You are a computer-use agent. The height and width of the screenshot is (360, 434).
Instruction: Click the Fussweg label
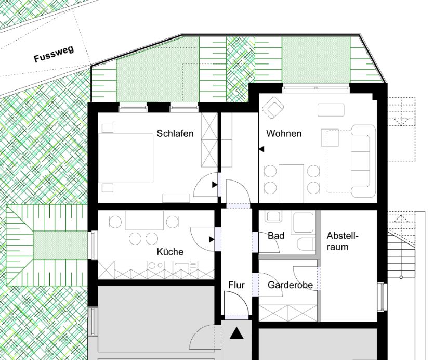pyautogui.click(x=54, y=54)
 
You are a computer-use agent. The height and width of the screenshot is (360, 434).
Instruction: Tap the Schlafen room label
pyautogui.click(x=175, y=133)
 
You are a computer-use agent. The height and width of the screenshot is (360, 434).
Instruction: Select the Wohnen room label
pyautogui.click(x=284, y=133)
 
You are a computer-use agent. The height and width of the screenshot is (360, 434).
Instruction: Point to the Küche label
pyautogui.click(x=170, y=252)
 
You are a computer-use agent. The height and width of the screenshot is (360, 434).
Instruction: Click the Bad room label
pyautogui.click(x=276, y=236)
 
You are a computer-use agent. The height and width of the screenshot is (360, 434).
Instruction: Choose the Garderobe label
pyautogui.click(x=290, y=285)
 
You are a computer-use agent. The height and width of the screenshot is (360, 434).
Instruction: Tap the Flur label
pyautogui.click(x=236, y=285)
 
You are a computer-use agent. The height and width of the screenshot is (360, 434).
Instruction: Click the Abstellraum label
pyautogui.click(x=343, y=241)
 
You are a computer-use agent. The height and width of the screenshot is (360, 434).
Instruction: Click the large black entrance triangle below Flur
pyautogui.click(x=236, y=333)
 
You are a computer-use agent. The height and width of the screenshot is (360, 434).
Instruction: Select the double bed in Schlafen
pyautogui.click(x=126, y=158)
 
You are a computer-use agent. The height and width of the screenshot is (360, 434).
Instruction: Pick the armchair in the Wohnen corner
pyautogui.click(x=273, y=108)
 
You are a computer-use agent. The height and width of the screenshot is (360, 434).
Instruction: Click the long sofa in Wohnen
pyautogui.click(x=363, y=161)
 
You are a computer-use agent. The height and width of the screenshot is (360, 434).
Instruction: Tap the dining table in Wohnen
pyautogui.click(x=291, y=184)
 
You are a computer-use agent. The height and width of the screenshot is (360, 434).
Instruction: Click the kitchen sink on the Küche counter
pyautogui.click(x=181, y=267)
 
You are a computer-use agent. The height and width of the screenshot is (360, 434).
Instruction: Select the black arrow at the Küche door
pyautogui.click(x=212, y=239)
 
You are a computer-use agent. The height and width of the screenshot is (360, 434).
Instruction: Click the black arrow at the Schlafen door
pyautogui.click(x=215, y=185)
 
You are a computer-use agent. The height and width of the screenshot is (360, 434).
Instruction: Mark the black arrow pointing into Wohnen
pyautogui.click(x=261, y=149)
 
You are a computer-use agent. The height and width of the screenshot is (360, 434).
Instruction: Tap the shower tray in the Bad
pyautogui.click(x=304, y=223)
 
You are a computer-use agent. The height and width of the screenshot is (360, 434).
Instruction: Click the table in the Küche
pyautogui.click(x=144, y=221)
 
